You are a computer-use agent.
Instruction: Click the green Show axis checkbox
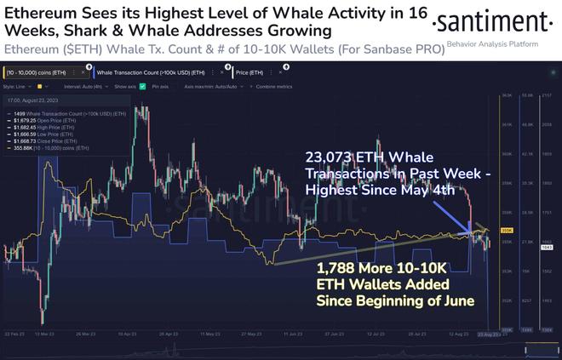point(142,87)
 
